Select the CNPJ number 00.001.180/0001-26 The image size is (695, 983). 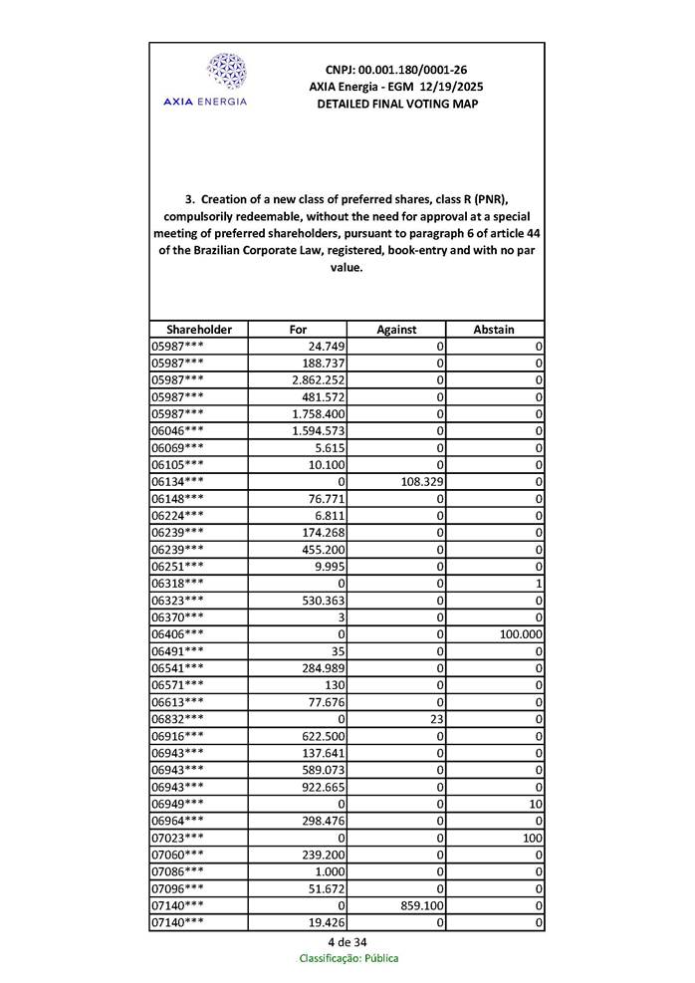click(396, 70)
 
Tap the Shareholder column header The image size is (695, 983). click(199, 329)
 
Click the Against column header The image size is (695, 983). click(396, 329)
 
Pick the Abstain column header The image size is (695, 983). click(495, 329)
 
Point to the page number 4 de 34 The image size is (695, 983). click(347, 942)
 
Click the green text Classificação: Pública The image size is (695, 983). click(348, 958)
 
